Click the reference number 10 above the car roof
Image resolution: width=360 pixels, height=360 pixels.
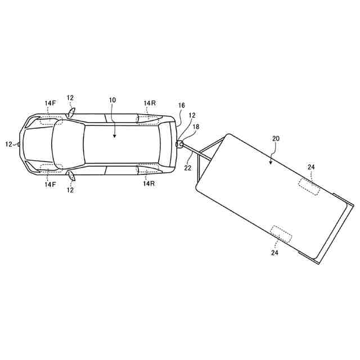[112, 100]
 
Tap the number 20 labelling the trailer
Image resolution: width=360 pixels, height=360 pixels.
[276, 139]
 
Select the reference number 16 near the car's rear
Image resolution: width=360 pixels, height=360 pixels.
[181, 105]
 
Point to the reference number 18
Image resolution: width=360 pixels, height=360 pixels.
[196, 127]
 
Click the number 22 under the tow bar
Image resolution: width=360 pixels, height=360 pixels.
[187, 168]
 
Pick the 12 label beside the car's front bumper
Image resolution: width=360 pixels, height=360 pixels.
[8, 144]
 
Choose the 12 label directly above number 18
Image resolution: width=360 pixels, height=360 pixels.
[192, 115]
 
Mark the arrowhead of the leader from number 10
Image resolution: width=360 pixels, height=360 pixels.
[114, 136]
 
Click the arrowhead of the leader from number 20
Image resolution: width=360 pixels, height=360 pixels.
[271, 163]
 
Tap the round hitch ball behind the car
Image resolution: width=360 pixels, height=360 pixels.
[181, 144]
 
